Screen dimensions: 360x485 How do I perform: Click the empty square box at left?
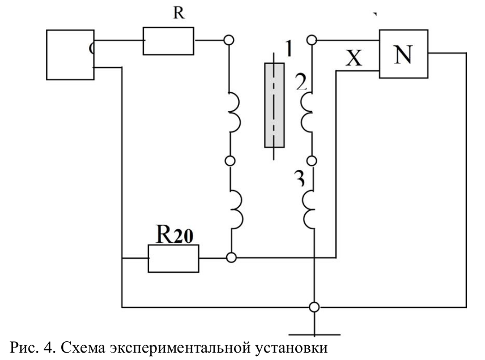[70, 55]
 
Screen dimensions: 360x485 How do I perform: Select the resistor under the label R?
[168, 41]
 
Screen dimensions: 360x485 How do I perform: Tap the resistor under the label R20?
[173, 258]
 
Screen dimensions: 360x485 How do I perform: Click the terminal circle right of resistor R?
[229, 40]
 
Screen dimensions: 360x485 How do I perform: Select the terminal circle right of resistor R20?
[230, 258]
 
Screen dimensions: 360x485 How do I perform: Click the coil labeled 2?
[308, 110]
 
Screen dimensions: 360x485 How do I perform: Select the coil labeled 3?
[308, 207]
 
